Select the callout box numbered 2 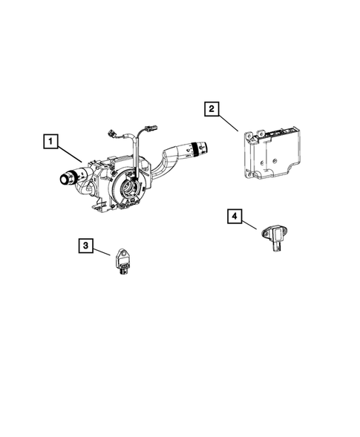pos(212,110)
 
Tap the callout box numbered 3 pos(87,245)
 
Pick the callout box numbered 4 pos(235,217)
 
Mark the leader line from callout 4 pos(250,225)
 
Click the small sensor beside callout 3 pos(123,263)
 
